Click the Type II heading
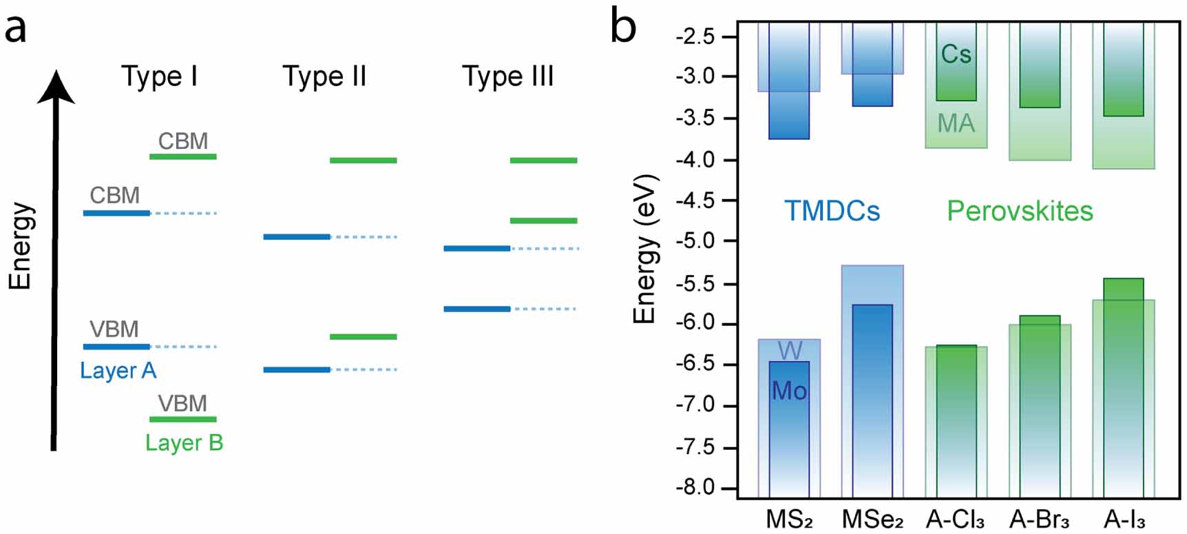[x=324, y=76]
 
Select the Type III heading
[x=507, y=76]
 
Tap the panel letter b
[x=623, y=28]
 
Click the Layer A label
[x=118, y=371]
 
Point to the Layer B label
[x=184, y=442]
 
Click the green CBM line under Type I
[x=183, y=157]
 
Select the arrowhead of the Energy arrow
[x=56, y=86]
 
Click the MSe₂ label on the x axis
[x=872, y=519]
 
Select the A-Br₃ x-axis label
[x=1040, y=519]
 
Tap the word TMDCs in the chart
[x=832, y=211]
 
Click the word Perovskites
[x=1020, y=211]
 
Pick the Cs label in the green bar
[x=956, y=54]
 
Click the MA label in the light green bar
[x=956, y=124]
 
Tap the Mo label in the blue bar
[x=789, y=391]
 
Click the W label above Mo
[x=790, y=351]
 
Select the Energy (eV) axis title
[x=645, y=248]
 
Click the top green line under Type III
[x=543, y=161]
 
